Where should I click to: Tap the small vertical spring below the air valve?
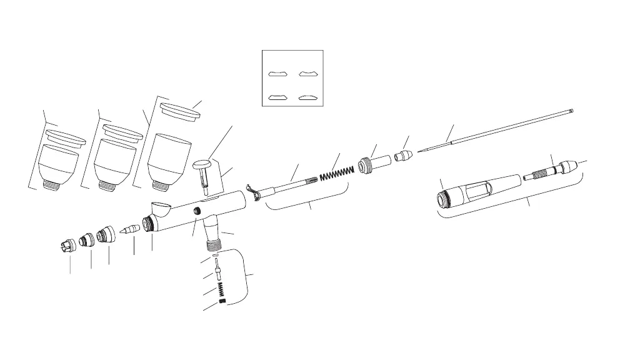pos(221,289)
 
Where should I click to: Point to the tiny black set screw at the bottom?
pos(221,302)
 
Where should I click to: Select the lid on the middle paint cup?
pos(121,131)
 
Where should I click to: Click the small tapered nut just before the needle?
pos(402,153)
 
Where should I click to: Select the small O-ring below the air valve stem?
pos(214,256)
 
